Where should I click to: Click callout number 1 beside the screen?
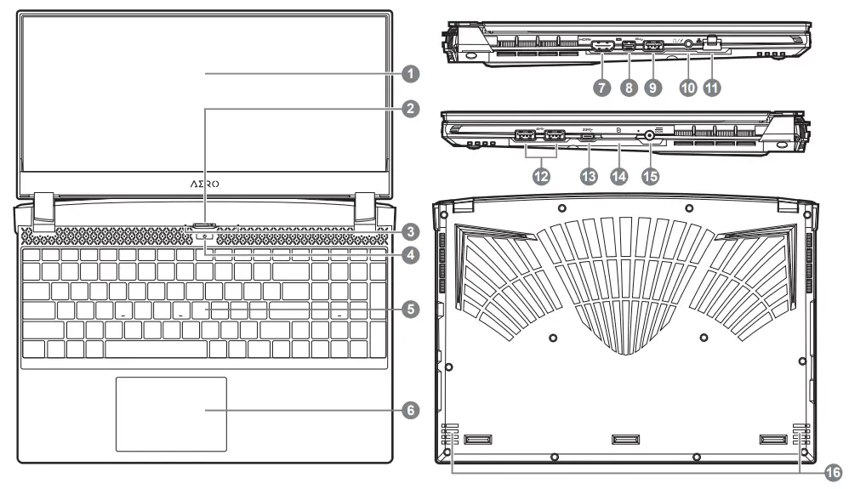pyautogui.click(x=411, y=74)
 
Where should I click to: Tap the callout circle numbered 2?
pyautogui.click(x=411, y=109)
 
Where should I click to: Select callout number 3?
pyautogui.click(x=411, y=231)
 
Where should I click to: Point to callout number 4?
pyautogui.click(x=411, y=253)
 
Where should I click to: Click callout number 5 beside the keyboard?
pyautogui.click(x=411, y=310)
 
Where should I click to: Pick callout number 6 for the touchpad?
pyautogui.click(x=411, y=410)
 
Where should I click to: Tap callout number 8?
pyautogui.click(x=629, y=88)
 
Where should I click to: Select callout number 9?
pyautogui.click(x=653, y=88)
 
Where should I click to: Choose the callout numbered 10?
pyautogui.click(x=687, y=88)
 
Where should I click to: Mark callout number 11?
pyautogui.click(x=711, y=88)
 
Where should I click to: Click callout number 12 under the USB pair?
pyautogui.click(x=538, y=176)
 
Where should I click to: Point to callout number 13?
pyautogui.click(x=589, y=176)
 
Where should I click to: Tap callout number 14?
pyautogui.click(x=620, y=176)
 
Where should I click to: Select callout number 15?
pyautogui.click(x=652, y=176)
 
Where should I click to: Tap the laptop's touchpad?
pyautogui.click(x=171, y=414)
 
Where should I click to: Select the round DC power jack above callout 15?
pyautogui.click(x=652, y=134)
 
